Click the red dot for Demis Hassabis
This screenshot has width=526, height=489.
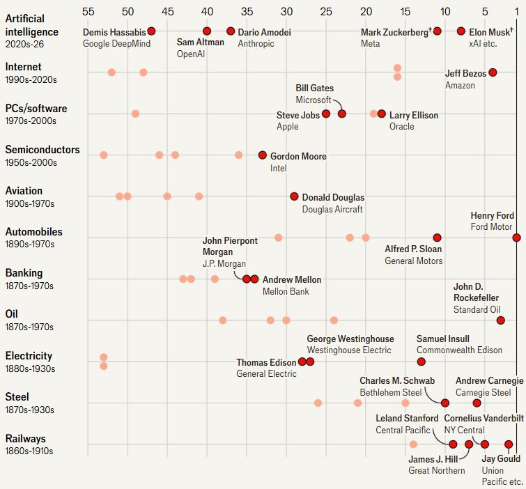click(151, 31)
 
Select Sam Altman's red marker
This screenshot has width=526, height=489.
click(207, 31)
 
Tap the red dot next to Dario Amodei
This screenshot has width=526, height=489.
click(231, 31)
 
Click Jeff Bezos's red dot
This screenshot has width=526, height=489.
click(493, 72)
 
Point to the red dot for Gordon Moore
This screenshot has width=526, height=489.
click(263, 155)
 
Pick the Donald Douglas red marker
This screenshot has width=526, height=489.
click(294, 196)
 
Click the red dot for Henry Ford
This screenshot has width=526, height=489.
click(516, 238)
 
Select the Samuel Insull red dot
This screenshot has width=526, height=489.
click(421, 362)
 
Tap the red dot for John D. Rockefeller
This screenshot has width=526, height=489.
click(500, 320)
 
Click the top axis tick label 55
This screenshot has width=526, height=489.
click(88, 11)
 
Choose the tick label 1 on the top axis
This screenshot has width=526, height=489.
click(516, 11)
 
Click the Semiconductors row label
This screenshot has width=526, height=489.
click(42, 150)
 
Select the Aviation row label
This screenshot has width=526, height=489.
click(24, 191)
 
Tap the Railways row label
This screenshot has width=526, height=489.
click(25, 439)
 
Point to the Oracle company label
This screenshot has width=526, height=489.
click(402, 127)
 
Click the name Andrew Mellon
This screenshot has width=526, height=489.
click(292, 280)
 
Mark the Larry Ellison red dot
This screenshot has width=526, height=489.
click(382, 114)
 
